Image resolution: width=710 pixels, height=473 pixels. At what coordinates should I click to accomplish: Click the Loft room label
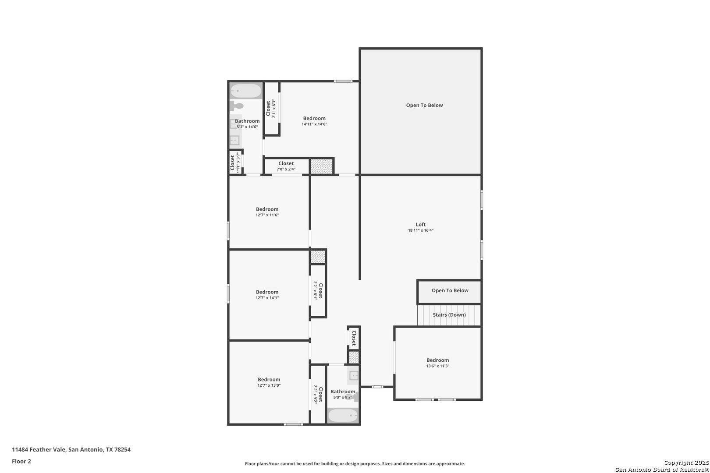coord(421,224)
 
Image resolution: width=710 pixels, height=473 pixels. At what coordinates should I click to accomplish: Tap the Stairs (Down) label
coord(449,314)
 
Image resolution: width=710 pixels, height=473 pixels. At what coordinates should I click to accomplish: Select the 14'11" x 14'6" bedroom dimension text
coord(314,124)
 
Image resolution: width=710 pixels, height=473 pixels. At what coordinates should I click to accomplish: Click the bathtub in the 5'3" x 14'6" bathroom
coord(245,91)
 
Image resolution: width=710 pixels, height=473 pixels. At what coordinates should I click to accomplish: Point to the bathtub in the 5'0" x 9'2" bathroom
coord(343,415)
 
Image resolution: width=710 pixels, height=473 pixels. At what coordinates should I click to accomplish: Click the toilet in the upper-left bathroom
coord(237,106)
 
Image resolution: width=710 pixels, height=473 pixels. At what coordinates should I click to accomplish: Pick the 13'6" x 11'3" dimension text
coord(438,366)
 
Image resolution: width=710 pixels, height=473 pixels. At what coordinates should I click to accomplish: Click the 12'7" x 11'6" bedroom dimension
coord(267,215)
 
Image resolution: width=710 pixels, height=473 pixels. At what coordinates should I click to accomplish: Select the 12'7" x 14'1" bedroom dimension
coord(267,298)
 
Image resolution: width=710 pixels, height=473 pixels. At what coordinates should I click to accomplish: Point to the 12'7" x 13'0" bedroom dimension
coord(269,385)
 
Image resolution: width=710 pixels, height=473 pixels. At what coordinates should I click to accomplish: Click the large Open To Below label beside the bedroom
coord(424,105)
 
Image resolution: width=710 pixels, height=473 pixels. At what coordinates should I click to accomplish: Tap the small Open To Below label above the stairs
coord(450,290)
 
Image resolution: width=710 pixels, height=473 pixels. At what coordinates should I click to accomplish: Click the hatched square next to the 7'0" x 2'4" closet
coord(321,166)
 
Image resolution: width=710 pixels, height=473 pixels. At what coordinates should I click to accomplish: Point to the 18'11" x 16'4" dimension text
coord(421,230)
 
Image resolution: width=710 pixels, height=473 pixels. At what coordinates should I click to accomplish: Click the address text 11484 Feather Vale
coord(39,449)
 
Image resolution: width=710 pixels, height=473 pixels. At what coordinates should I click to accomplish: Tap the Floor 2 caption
coord(21,461)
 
